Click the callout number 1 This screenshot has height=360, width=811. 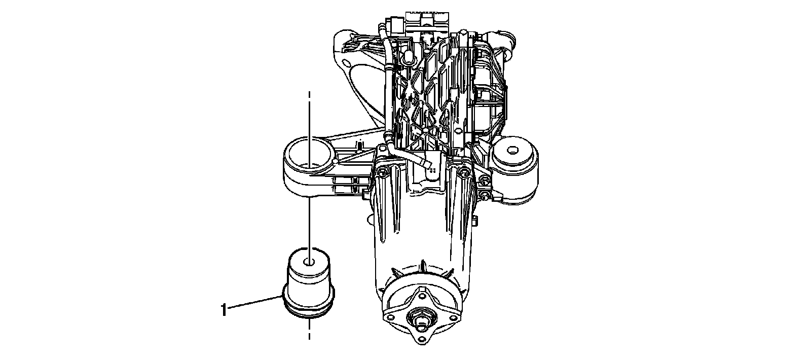point(224,309)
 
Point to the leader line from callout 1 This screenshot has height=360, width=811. point(253,303)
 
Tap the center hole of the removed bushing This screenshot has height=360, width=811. point(309,262)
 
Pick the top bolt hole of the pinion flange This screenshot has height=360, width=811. point(421,293)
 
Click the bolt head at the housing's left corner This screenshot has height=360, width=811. point(383,172)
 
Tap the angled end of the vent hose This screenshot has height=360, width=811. point(428,165)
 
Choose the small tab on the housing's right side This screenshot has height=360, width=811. point(476,220)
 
